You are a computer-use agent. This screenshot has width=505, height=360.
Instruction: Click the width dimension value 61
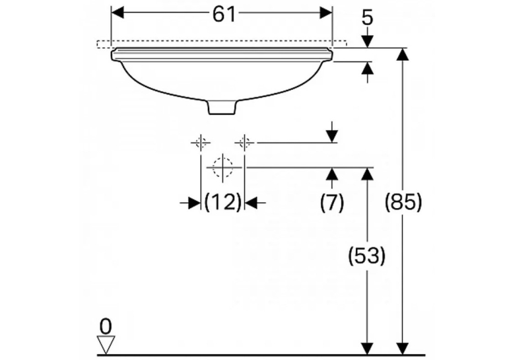tap(224, 15)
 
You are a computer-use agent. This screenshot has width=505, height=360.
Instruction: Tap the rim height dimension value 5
tap(368, 17)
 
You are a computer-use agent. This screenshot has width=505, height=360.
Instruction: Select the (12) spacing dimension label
tap(223, 202)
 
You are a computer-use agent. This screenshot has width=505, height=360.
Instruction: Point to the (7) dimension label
tap(332, 202)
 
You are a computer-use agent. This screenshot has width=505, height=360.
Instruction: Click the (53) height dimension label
tap(367, 256)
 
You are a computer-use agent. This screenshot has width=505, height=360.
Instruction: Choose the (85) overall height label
tap(403, 202)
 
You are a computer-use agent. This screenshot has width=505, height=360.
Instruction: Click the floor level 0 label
tap(106, 327)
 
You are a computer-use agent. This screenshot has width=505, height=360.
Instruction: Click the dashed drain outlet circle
tap(222, 167)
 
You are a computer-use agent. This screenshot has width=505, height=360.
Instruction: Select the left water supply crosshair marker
tap(201, 142)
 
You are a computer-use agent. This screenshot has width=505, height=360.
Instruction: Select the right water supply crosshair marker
tap(245, 142)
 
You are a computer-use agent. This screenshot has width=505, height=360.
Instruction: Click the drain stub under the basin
tap(222, 107)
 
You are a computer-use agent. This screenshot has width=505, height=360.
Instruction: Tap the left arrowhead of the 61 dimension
tap(118, 13)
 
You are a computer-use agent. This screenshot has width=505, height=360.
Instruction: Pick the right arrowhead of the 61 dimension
tap(325, 13)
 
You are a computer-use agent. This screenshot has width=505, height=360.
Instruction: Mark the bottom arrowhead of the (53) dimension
tap(367, 349)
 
